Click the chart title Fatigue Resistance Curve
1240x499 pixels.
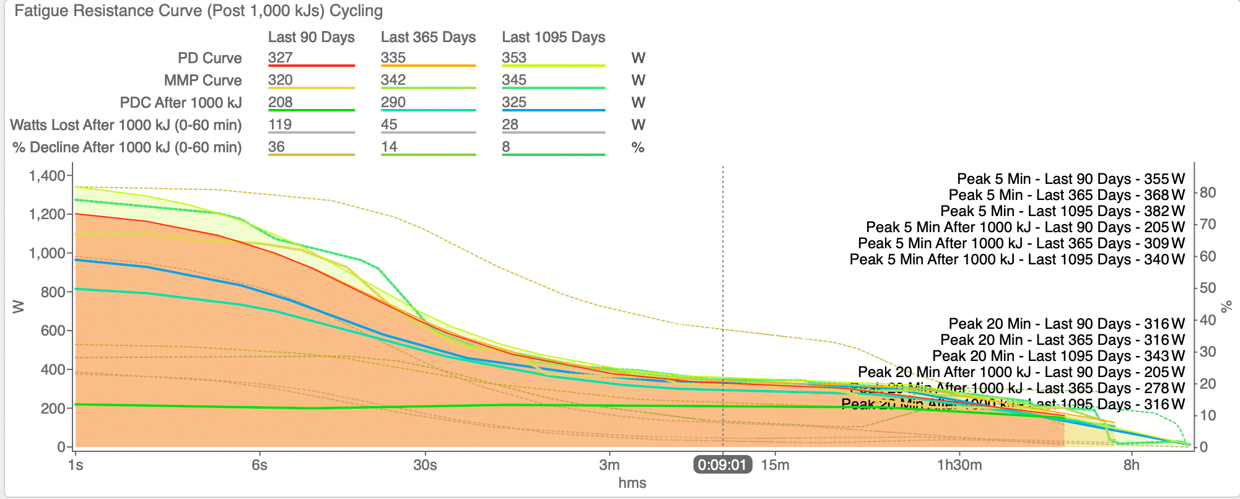coord(198,11)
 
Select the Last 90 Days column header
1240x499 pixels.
coord(311,37)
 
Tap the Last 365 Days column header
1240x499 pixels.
coord(428,37)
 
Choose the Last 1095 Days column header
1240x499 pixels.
coord(553,37)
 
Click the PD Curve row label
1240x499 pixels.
coord(209,58)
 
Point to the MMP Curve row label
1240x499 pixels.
coord(203,80)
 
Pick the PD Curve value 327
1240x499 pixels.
coord(281,58)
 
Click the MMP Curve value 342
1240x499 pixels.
coord(393,80)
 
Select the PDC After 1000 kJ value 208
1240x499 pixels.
coord(281,102)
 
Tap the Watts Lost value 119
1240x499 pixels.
coord(280,124)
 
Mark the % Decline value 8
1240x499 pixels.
coord(506,147)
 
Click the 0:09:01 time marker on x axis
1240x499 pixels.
coord(722,465)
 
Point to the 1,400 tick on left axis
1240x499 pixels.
coord(47,176)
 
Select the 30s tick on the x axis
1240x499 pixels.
coord(425,465)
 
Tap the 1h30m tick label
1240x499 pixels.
coord(959,465)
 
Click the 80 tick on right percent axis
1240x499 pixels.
coord(1208,193)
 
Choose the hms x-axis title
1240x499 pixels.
coord(632,483)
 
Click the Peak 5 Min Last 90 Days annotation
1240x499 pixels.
coord(1070,179)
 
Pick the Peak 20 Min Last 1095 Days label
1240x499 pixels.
coord(1058,356)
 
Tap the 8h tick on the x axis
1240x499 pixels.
coord(1131,465)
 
